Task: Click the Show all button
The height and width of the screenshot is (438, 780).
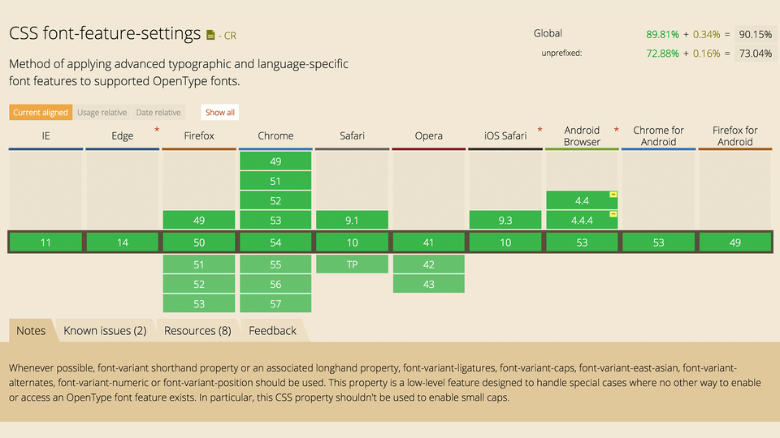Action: [219, 113]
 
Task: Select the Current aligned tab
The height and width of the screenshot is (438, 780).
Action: [41, 113]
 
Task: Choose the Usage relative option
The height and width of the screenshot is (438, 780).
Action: [102, 113]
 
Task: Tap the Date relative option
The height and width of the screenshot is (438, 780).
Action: [158, 113]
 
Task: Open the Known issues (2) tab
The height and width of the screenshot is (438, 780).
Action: [105, 331]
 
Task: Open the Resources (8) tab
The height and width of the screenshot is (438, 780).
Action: [197, 331]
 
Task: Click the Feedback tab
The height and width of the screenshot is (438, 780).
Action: [272, 331]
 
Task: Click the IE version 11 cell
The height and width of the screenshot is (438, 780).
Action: [45, 243]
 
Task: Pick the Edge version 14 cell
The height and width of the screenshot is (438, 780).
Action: [123, 243]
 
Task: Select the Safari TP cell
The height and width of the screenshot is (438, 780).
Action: [352, 264]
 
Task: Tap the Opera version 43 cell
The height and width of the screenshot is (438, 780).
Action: [428, 284]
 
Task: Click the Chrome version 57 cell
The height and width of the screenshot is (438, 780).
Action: [275, 303]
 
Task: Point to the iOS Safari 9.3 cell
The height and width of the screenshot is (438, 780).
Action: [505, 220]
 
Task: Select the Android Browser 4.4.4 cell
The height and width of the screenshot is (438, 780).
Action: [582, 220]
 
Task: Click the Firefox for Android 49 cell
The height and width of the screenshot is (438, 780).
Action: [734, 243]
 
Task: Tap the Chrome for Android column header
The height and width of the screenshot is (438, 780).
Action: [658, 135]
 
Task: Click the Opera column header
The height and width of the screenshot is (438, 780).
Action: [428, 135]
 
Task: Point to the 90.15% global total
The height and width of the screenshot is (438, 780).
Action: [754, 34]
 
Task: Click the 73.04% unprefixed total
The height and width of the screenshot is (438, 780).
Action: [754, 54]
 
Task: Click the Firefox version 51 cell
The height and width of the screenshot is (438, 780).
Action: [199, 264]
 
